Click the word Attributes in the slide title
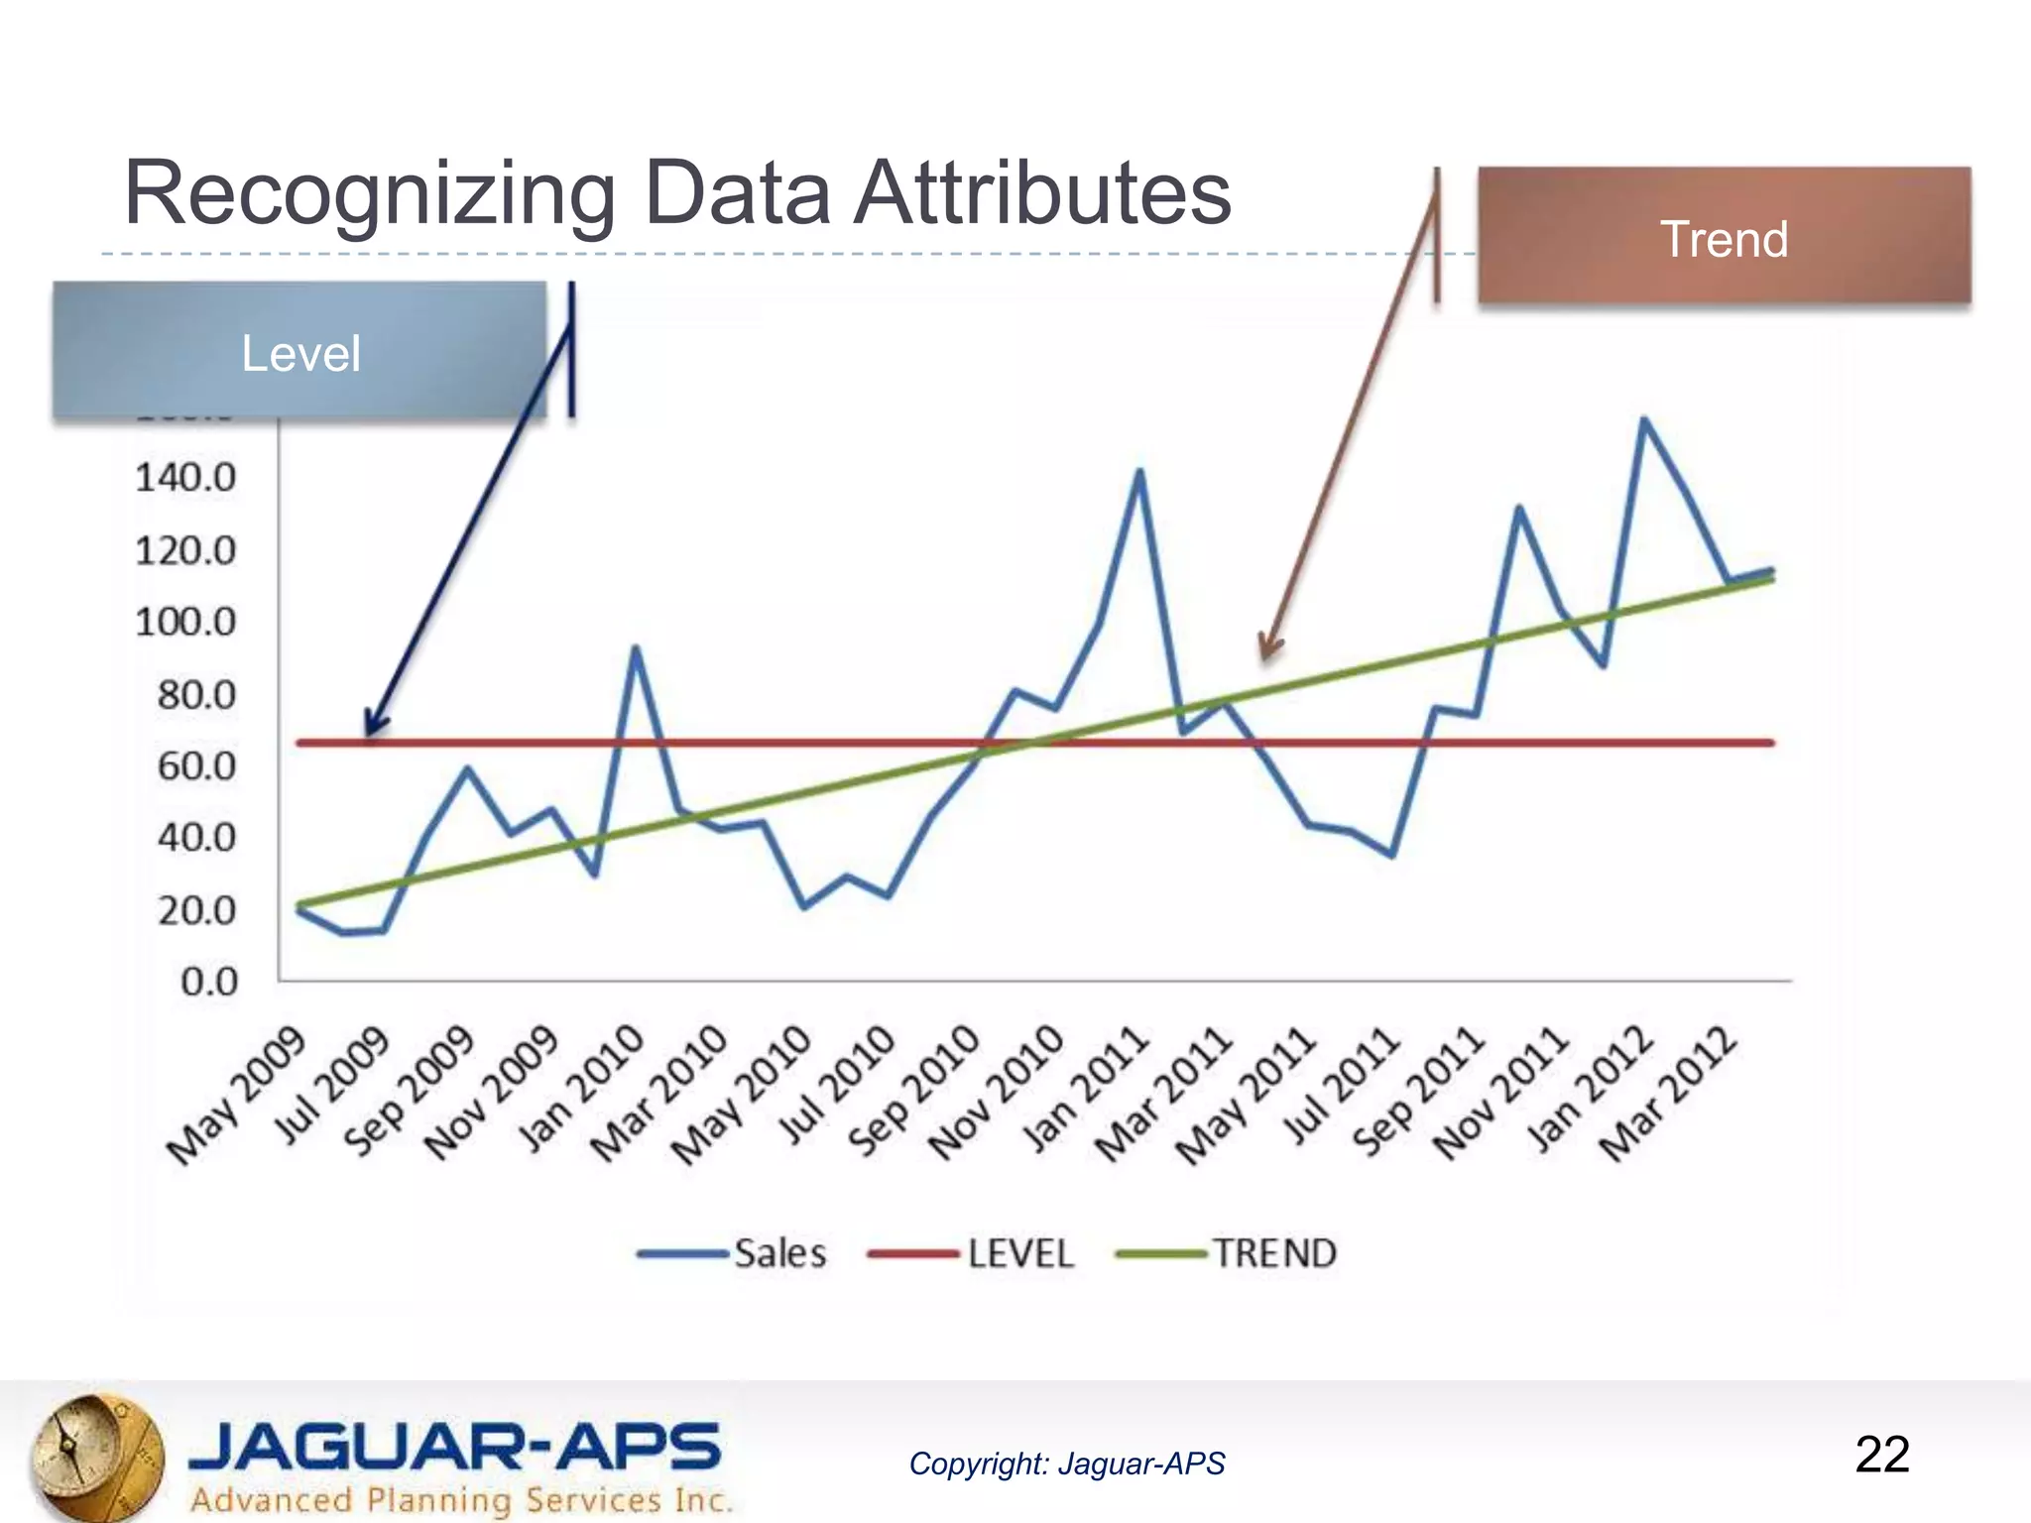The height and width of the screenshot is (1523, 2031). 1041,193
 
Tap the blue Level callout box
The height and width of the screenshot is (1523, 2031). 299,352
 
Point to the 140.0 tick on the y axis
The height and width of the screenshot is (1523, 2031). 185,479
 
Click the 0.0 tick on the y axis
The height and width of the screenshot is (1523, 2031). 209,982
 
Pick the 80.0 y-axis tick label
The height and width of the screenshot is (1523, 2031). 196,695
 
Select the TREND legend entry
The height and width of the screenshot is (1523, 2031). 1226,1253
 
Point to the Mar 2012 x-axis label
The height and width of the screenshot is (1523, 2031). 1668,1096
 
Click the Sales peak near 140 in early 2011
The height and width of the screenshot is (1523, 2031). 1139,471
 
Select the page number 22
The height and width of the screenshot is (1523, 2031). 1881,1455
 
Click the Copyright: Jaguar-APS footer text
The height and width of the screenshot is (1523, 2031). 1067,1464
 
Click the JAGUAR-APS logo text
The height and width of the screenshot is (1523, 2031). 454,1447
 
